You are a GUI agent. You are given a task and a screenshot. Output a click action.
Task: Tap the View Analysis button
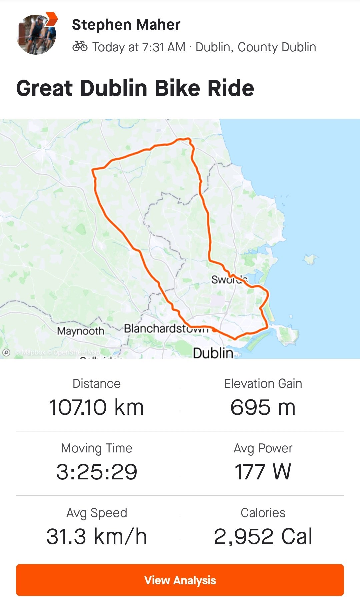pyautogui.click(x=180, y=580)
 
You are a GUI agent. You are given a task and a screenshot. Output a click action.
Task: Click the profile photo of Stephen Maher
pyautogui.click(x=36, y=35)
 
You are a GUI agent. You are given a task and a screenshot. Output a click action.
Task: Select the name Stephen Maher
pyautogui.click(x=126, y=25)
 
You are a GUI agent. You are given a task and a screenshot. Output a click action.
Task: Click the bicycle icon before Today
pyautogui.click(x=80, y=47)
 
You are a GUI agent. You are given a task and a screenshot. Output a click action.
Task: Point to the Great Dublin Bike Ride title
pyautogui.click(x=135, y=88)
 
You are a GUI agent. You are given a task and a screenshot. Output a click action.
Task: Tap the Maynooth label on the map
pyautogui.click(x=81, y=331)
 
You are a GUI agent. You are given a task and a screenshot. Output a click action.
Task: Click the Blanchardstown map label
pyautogui.click(x=166, y=329)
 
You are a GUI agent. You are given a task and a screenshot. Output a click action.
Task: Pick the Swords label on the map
pyautogui.click(x=229, y=280)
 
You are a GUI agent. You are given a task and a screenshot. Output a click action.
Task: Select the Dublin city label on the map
pyautogui.click(x=213, y=352)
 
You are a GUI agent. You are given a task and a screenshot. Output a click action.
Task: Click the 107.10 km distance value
pyautogui.click(x=96, y=407)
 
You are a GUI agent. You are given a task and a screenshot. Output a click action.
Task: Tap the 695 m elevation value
pyautogui.click(x=263, y=407)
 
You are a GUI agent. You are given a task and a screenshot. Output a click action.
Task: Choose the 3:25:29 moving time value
pyautogui.click(x=96, y=472)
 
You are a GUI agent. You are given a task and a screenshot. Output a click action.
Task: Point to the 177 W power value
pyautogui.click(x=263, y=472)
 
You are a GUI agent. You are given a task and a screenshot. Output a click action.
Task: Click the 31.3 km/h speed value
pyautogui.click(x=96, y=536)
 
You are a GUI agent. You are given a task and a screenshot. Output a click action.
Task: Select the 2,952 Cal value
pyautogui.click(x=263, y=536)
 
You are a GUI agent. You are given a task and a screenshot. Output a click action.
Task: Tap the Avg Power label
pyautogui.click(x=263, y=448)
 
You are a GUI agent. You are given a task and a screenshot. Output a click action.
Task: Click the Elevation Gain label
pyautogui.click(x=263, y=383)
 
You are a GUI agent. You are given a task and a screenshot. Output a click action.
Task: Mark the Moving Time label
pyautogui.click(x=96, y=448)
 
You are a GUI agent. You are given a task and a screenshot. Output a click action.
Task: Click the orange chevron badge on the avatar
pyautogui.click(x=51, y=19)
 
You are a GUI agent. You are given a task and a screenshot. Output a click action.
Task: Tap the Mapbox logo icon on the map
pyautogui.click(x=6, y=352)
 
